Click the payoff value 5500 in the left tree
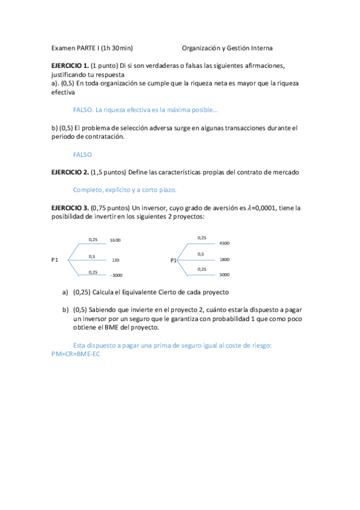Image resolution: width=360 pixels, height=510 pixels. pyautogui.click(x=115, y=241)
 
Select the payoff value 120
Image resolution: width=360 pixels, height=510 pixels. pyautogui.click(x=116, y=260)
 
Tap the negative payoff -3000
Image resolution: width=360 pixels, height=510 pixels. pyautogui.click(x=116, y=275)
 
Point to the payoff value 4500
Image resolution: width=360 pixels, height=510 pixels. pyautogui.click(x=225, y=244)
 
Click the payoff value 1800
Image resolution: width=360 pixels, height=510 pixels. pyautogui.click(x=225, y=259)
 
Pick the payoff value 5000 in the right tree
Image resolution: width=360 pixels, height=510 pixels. pyautogui.click(x=225, y=275)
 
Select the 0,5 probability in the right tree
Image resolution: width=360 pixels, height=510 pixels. pyautogui.click(x=201, y=254)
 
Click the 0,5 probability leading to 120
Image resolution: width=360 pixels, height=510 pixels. pyautogui.click(x=92, y=257)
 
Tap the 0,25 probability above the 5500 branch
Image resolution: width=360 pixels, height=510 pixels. pyautogui.click(x=93, y=239)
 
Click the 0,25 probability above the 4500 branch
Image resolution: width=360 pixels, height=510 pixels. pyautogui.click(x=202, y=238)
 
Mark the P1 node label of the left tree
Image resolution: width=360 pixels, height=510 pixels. pyautogui.click(x=55, y=260)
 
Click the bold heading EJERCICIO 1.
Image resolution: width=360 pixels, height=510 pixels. pyautogui.click(x=70, y=65)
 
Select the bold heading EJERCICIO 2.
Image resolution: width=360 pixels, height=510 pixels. pyautogui.click(x=70, y=172)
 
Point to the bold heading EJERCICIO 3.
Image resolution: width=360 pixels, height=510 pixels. pyautogui.click(x=70, y=207)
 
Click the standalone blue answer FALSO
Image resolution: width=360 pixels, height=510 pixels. pyautogui.click(x=82, y=155)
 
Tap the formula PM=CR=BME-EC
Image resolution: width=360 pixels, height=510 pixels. pyautogui.click(x=76, y=354)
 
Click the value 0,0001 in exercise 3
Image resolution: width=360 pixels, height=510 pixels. pyautogui.click(x=270, y=207)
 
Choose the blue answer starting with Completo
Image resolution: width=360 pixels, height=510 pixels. pyautogui.click(x=125, y=190)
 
